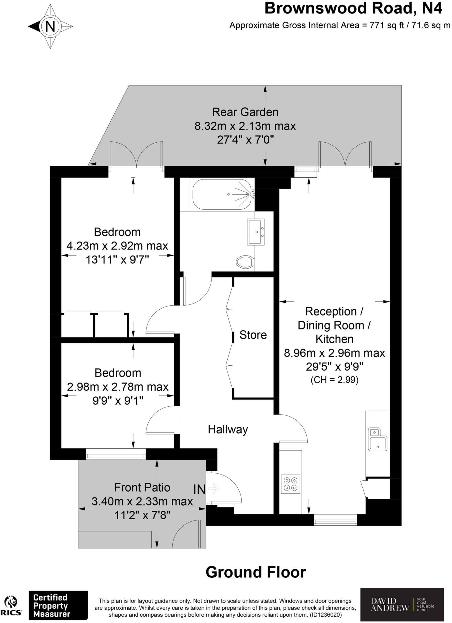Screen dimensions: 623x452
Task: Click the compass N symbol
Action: pyautogui.click(x=50, y=26)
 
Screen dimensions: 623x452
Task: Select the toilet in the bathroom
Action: pyautogui.click(x=245, y=261)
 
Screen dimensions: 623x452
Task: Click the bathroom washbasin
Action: pyautogui.click(x=255, y=232)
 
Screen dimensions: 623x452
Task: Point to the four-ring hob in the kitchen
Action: pyautogui.click(x=290, y=484)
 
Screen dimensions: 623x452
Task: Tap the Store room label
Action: pyautogui.click(x=253, y=335)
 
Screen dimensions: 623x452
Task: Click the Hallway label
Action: pyautogui.click(x=228, y=429)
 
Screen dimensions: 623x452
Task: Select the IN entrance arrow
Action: pyautogui.click(x=214, y=489)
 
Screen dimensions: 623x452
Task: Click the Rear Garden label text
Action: pyautogui.click(x=245, y=112)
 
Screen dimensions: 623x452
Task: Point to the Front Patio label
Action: pyautogui.click(x=142, y=487)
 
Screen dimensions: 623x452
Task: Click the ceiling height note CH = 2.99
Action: pyautogui.click(x=334, y=380)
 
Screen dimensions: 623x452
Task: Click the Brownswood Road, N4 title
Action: pyautogui.click(x=353, y=9)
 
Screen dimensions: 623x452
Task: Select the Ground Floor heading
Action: pyautogui.click(x=256, y=572)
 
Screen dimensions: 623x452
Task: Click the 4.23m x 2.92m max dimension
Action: pyautogui.click(x=117, y=245)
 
